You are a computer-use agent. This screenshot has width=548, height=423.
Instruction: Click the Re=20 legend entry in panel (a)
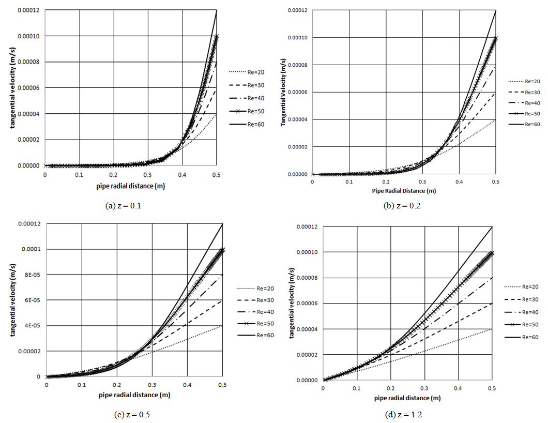pyautogui.click(x=247, y=72)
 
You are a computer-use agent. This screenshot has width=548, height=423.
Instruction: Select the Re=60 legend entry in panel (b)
pyautogui.click(x=524, y=125)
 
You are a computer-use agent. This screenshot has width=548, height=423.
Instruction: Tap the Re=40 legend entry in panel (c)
pyautogui.click(x=255, y=312)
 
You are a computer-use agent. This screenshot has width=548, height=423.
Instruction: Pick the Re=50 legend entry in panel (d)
pyautogui.click(x=521, y=325)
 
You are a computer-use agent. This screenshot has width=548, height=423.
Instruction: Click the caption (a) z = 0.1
pyautogui.click(x=123, y=206)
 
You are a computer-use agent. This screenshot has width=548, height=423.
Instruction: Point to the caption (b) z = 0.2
pyautogui.click(x=402, y=206)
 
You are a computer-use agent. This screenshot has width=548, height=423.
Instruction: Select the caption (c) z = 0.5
pyautogui.click(x=132, y=415)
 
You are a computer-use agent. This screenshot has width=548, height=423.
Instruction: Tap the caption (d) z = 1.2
pyautogui.click(x=403, y=415)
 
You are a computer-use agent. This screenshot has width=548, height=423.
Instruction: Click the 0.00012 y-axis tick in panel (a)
pyautogui.click(x=28, y=10)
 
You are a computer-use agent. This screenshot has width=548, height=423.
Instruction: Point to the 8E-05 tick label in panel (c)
pyautogui.click(x=32, y=275)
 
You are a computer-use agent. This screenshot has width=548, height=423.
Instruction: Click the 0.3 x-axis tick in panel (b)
pyautogui.click(x=422, y=182)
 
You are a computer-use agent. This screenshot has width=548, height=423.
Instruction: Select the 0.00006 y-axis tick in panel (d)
pyautogui.click(x=307, y=304)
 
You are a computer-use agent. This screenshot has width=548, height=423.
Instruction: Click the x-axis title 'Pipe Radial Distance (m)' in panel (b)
pyautogui.click(x=404, y=191)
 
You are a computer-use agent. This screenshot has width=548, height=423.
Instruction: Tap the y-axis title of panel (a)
pyautogui.click(x=13, y=88)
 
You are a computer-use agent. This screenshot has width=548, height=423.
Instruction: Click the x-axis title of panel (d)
pyautogui.click(x=407, y=398)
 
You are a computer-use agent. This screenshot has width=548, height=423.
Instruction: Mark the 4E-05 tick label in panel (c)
pyautogui.click(x=32, y=325)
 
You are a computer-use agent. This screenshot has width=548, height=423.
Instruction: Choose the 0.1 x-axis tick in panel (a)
pyautogui.click(x=79, y=175)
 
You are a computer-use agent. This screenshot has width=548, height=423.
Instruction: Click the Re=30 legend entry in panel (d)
pyautogui.click(x=521, y=299)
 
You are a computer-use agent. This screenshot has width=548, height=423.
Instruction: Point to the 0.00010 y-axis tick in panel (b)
pyautogui.click(x=298, y=38)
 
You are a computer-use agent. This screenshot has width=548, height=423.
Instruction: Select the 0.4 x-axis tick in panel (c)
pyautogui.click(x=187, y=385)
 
